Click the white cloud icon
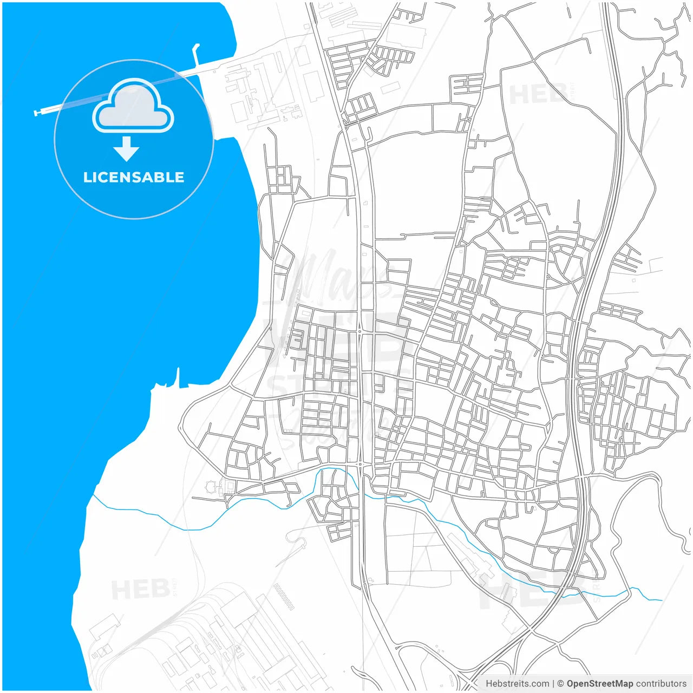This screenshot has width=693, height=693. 133,107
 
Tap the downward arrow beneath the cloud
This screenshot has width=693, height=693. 127,149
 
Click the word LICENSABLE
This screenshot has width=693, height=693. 134,177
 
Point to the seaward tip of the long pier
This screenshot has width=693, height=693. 36,113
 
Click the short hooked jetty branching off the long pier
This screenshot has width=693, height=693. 195,51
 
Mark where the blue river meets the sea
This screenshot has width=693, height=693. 93,495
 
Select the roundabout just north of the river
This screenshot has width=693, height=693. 361,465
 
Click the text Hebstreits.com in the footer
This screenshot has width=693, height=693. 518,684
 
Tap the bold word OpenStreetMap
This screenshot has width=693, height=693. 599,684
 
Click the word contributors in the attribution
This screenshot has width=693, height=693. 661,684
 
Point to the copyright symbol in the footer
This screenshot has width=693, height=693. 561,684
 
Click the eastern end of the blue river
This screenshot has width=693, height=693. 661,600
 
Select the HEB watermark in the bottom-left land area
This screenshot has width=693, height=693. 140,589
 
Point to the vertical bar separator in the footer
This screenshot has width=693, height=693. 553,684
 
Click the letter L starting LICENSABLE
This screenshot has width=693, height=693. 87,177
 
